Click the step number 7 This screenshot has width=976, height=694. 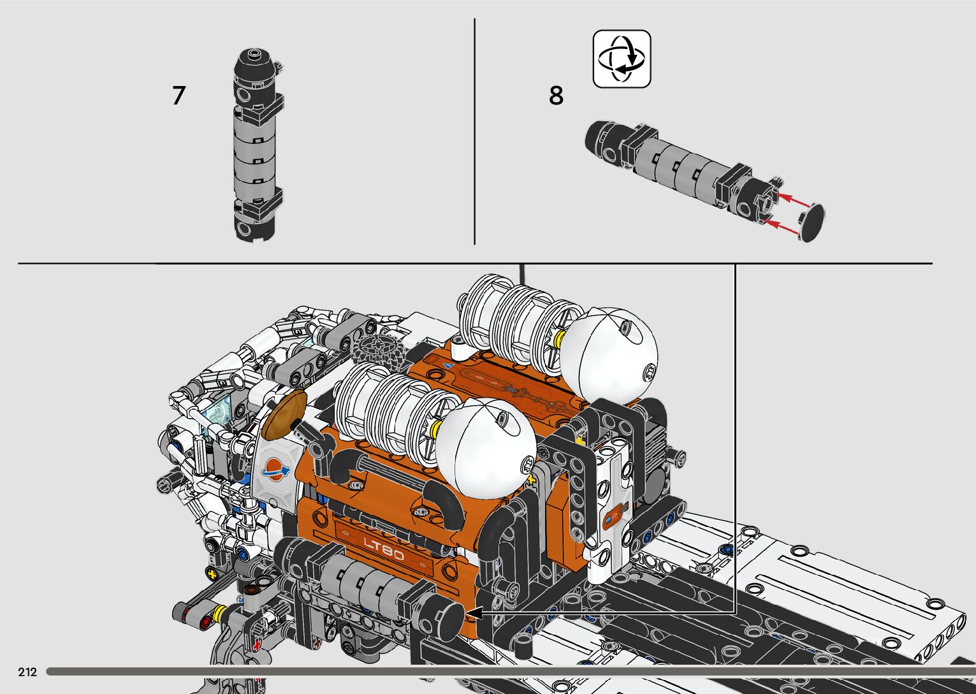point(178,96)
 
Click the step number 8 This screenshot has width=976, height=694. point(556,96)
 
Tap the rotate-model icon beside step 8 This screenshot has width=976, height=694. point(622,59)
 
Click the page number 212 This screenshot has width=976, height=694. point(27,672)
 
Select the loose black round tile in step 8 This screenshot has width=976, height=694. point(812,222)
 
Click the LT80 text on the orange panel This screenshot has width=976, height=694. point(383,548)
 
